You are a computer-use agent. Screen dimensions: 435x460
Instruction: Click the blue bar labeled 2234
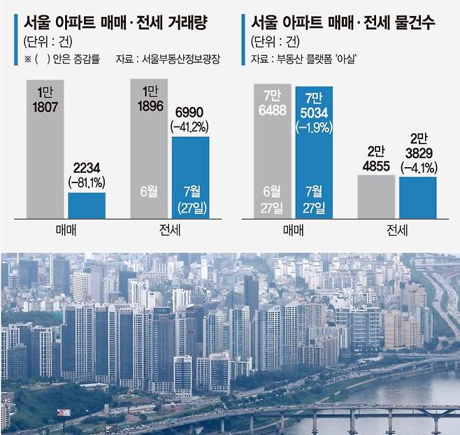pyautogui.click(x=87, y=206)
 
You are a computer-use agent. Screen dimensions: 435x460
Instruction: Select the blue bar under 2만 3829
pyautogui.click(x=418, y=197)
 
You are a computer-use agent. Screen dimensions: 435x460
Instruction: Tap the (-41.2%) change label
pyautogui.click(x=190, y=127)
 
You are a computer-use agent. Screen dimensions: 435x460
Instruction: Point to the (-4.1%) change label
pyautogui.click(x=418, y=168)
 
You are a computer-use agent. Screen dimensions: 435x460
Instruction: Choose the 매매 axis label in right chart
pyautogui.click(x=293, y=230)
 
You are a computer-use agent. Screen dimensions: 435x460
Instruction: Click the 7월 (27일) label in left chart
pyautogui.click(x=190, y=199)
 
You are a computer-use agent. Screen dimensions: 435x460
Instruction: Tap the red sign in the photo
pyautogui.click(x=64, y=412)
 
